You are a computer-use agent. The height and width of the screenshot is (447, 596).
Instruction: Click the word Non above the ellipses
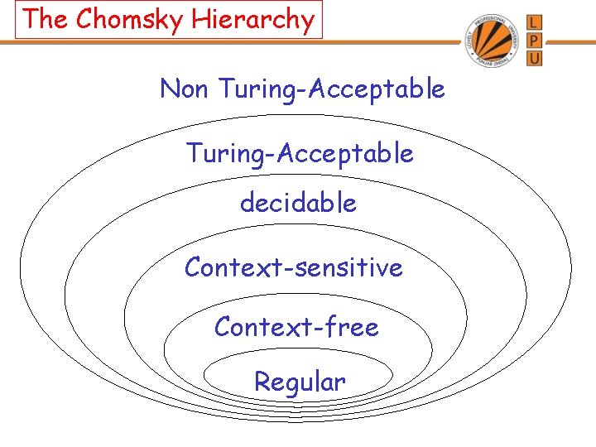[x=184, y=88]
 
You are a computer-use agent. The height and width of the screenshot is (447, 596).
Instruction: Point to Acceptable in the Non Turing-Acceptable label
[x=377, y=89]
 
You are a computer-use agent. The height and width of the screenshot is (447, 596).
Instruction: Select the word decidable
[x=298, y=203]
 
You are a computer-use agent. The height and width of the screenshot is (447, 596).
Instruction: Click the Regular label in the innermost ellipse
[x=299, y=382]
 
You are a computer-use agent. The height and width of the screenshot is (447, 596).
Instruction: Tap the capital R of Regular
[x=262, y=382]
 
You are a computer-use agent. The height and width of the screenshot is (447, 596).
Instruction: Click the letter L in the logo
[x=535, y=24]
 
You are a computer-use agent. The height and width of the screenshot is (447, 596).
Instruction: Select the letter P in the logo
[x=535, y=41]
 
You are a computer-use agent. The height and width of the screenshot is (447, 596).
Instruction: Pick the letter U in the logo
[x=535, y=58]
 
